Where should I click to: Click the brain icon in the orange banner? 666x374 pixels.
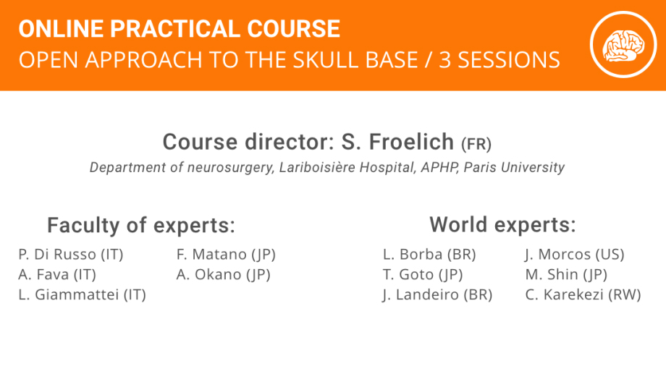(x=623, y=45)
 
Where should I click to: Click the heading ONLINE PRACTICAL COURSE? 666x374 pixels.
(x=180, y=29)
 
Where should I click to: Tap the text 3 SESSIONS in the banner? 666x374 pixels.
(x=499, y=60)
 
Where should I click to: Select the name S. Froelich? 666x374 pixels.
(x=397, y=142)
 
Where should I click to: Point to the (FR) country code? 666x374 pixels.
(x=476, y=145)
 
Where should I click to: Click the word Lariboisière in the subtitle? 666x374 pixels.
(x=317, y=167)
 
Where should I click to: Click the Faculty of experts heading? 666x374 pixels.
(x=141, y=225)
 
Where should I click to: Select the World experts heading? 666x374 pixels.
(x=502, y=224)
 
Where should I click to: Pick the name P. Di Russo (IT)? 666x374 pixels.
(x=71, y=255)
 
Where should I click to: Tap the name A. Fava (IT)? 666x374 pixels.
(x=57, y=275)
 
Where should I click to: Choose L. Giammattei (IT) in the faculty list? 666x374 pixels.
(x=83, y=294)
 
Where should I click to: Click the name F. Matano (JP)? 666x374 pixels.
(x=226, y=255)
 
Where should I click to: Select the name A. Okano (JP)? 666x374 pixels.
(x=224, y=275)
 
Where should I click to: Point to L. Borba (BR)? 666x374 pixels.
(x=429, y=255)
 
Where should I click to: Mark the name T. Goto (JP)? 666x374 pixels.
(x=423, y=275)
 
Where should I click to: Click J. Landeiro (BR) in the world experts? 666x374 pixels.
(x=437, y=294)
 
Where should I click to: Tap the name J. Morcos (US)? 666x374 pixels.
(x=575, y=255)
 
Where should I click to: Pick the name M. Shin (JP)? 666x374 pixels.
(x=566, y=275)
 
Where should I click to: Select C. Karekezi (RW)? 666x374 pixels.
(x=583, y=294)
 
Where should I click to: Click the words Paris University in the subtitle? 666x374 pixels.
(x=515, y=167)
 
